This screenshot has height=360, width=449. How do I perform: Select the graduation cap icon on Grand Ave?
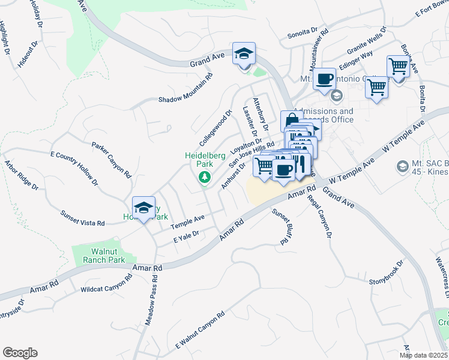244,54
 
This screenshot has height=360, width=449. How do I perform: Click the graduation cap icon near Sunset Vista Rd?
143,208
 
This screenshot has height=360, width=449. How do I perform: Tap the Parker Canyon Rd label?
111,160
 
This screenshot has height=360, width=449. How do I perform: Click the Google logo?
20,353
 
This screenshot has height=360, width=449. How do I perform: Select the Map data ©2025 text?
423,355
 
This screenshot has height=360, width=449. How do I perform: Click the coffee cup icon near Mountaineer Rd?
324,79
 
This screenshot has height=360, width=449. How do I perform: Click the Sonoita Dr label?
302,32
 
